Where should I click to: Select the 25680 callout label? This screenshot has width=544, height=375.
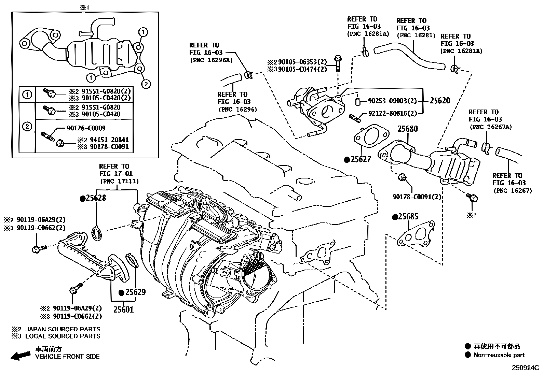408,129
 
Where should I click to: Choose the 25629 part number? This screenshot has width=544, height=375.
135,292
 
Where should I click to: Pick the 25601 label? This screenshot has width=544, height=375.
123,310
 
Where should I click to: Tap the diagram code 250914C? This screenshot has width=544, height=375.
525,368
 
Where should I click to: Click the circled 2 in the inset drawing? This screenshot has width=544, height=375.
146,84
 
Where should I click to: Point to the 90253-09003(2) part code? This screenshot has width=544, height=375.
392,101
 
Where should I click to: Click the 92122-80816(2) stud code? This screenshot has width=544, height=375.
392,114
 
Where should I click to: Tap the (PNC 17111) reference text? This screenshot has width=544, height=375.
119,182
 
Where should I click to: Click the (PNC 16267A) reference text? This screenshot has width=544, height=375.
491,127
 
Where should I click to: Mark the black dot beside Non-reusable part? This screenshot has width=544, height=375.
468,355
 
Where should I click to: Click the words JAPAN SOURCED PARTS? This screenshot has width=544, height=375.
63,329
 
